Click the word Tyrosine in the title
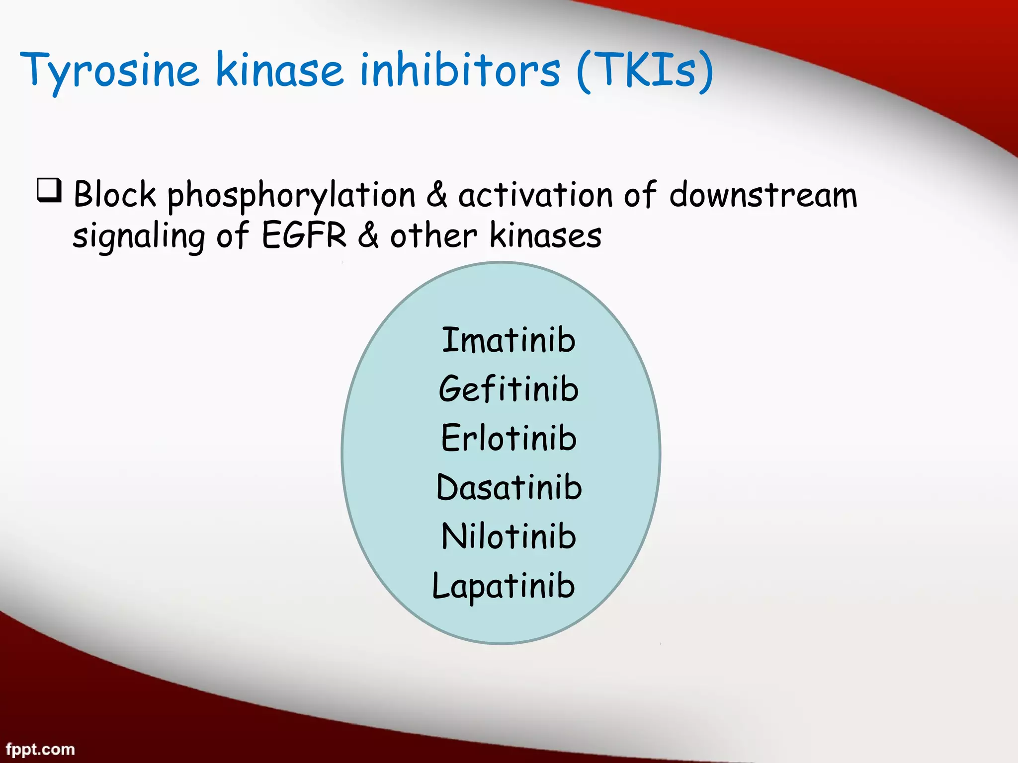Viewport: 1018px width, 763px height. pos(109,71)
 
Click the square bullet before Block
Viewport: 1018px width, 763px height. pos(49,191)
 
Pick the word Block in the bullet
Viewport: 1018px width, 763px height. pos(115,194)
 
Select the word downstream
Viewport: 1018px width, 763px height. pos(763,194)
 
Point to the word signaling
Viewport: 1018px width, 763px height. pos(139,236)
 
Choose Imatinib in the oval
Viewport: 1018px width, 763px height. pos(509,340)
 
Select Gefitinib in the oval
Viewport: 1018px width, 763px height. pos(509,389)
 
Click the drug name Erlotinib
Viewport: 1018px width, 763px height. pos(509,438)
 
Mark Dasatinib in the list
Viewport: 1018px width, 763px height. pos(509,487)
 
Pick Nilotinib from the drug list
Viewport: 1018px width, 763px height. pos(509,536)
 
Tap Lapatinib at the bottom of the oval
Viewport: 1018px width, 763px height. pos(504,586)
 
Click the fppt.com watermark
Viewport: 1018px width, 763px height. pos(40,749)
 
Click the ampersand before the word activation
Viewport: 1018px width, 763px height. pos(436,194)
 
